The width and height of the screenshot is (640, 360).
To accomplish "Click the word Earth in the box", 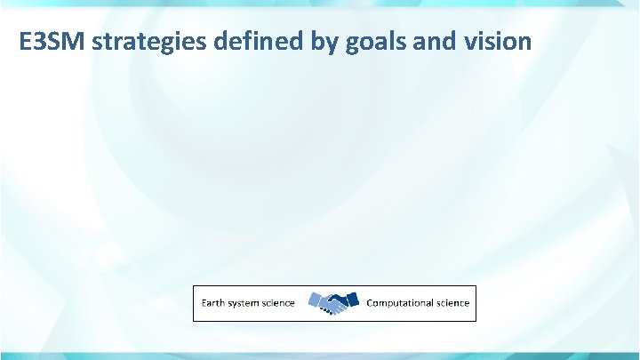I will coord(214,303).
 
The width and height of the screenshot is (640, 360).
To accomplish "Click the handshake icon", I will coord(332,302).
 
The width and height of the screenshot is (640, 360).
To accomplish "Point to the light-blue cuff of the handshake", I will coord(314,300).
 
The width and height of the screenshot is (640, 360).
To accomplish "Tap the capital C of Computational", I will coord(371,303).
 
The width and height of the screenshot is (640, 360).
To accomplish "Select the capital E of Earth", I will coord(204,303).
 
